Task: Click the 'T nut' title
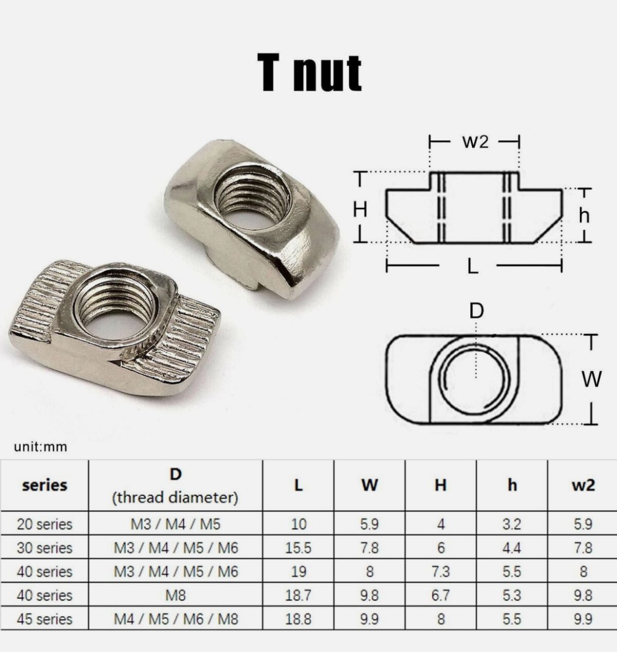pyautogui.click(x=309, y=73)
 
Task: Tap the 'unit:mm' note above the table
pyautogui.click(x=40, y=447)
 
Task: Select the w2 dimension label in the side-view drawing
pyautogui.click(x=475, y=142)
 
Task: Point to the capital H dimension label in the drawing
pyautogui.click(x=360, y=210)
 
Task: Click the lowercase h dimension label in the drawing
pyautogui.click(x=584, y=215)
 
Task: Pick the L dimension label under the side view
pyautogui.click(x=473, y=266)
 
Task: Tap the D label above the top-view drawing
pyautogui.click(x=476, y=311)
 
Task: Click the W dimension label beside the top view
pyautogui.click(x=591, y=379)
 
